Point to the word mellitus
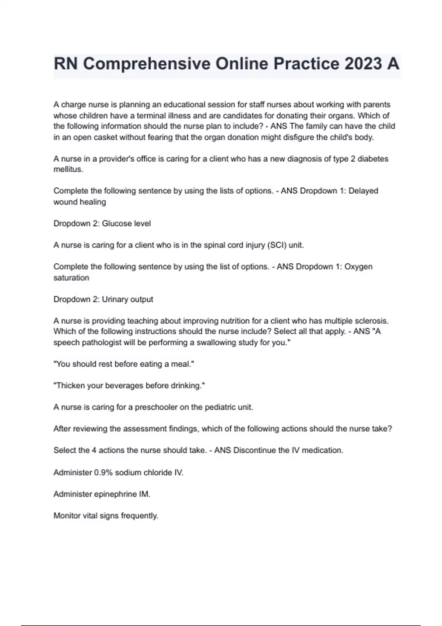(68, 169)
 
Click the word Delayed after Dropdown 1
(363, 191)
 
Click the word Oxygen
(358, 267)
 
